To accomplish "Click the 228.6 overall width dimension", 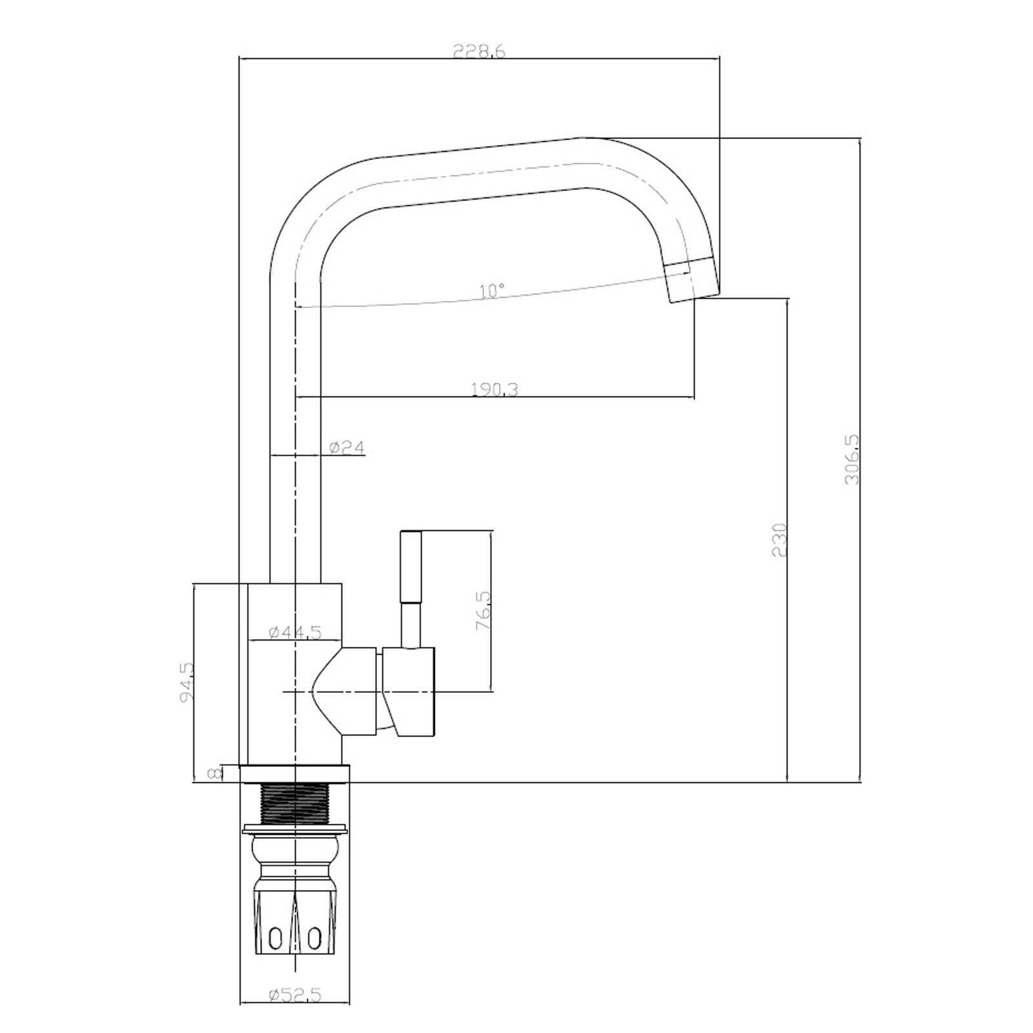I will (478, 51).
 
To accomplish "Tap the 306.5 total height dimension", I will (852, 459).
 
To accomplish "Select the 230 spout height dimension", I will (779, 540).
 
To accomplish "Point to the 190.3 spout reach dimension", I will (495, 389).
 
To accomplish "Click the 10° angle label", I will (492, 291).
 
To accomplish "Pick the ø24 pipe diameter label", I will (347, 447).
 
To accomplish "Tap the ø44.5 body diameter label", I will (294, 632).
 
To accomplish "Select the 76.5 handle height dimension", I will (484, 611).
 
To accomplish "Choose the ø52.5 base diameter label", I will (294, 1013).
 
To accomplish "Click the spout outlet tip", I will (693, 279).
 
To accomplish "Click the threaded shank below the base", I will (294, 803).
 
